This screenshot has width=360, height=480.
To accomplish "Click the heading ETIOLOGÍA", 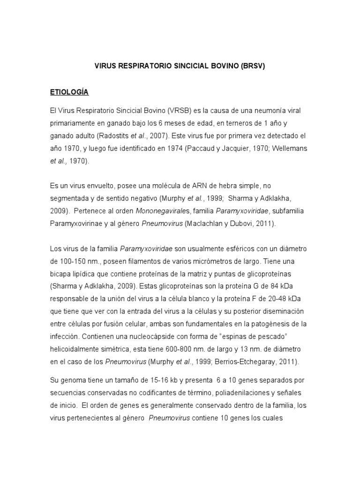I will click(69, 92).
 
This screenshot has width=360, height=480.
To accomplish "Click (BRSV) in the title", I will click(253, 66).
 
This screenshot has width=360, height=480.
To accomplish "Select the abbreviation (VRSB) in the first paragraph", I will click(174, 111).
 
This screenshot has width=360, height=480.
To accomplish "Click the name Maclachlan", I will click(205, 224).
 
